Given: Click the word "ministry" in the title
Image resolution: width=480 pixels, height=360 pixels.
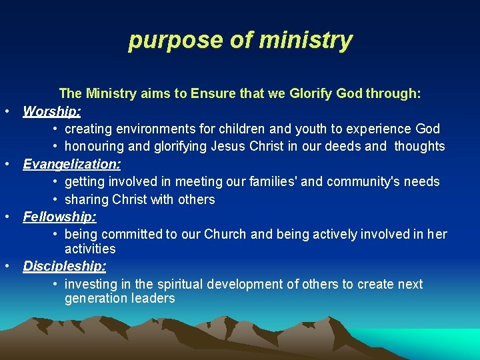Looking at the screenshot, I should point(305,40).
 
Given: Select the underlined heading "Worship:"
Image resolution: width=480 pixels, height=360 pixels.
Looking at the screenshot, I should point(52,111).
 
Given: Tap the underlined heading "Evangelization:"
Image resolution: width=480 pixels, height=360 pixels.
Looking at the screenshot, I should point(72,164).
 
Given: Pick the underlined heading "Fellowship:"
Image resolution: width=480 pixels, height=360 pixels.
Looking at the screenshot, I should point(60,217).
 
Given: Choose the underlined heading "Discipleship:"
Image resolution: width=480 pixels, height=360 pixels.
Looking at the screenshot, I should point(65,266).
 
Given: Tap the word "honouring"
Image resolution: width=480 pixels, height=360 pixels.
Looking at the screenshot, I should point(94,147).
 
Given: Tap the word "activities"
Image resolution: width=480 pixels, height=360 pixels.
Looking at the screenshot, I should point(90,249).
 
